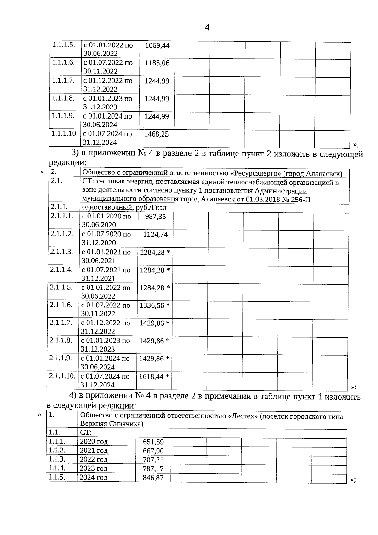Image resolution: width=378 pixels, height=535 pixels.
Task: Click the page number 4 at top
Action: [207, 28]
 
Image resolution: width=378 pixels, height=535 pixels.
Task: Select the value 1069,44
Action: [157, 45]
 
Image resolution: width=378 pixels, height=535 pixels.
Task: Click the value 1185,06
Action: [157, 63]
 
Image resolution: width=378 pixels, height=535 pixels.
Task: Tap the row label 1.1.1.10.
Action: [65, 133]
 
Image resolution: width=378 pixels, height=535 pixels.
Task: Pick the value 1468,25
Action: [156, 134]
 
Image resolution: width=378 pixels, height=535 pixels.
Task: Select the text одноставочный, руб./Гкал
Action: [124, 208]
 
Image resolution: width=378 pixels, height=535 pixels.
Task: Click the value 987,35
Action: [155, 217]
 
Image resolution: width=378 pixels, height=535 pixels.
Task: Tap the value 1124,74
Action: [155, 235]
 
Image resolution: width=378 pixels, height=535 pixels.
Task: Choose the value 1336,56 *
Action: [155, 305]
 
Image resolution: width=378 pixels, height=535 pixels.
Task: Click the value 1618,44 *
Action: [154, 376]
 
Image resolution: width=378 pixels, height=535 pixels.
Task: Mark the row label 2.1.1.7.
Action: [61, 323]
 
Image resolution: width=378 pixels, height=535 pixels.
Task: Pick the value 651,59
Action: [153, 442]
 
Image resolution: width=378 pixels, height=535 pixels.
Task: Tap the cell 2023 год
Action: [94, 468]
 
